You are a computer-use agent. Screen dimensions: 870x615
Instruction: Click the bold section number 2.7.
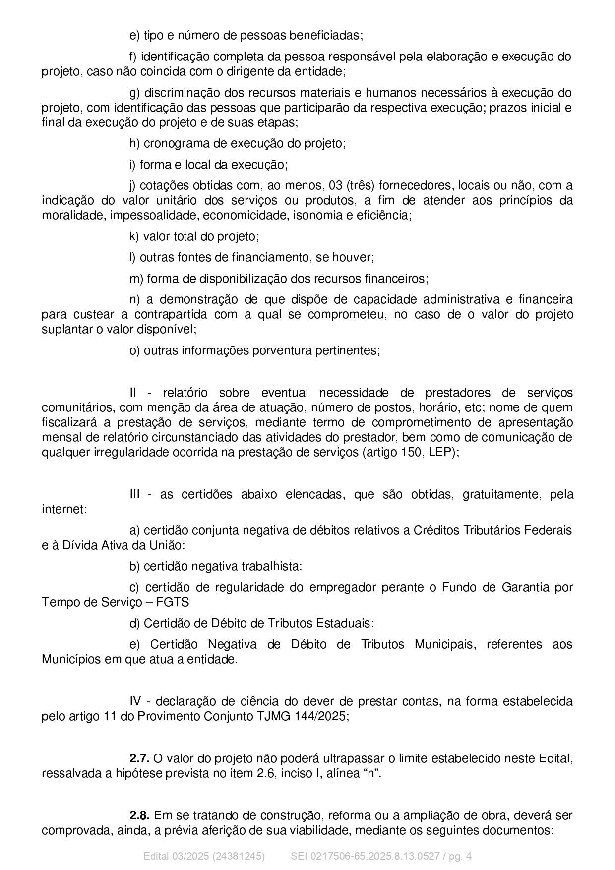139,758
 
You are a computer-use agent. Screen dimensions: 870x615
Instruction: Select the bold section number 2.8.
139,815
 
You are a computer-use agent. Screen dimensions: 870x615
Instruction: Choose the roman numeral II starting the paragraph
133,393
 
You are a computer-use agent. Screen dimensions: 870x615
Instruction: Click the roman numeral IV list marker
135,702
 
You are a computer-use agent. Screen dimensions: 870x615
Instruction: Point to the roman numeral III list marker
134,495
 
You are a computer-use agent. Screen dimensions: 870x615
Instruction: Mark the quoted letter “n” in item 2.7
371,774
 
